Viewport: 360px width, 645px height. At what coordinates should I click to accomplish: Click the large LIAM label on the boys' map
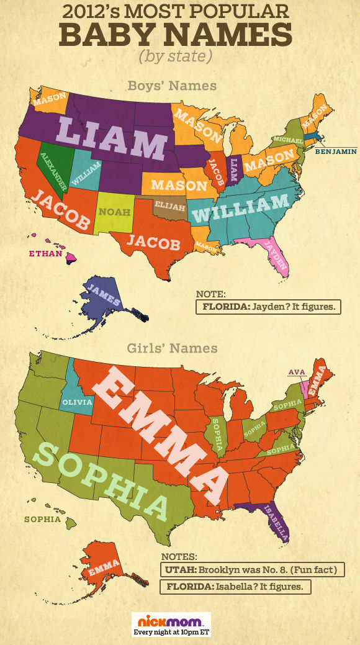click(112, 138)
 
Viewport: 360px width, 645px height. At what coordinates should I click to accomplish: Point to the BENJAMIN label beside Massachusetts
click(335, 150)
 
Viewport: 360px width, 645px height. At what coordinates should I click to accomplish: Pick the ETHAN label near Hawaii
click(45, 253)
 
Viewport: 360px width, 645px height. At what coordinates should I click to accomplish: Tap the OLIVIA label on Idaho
click(77, 402)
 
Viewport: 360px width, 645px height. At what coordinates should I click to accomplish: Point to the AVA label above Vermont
click(295, 372)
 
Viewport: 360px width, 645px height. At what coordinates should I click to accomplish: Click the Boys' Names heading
click(171, 85)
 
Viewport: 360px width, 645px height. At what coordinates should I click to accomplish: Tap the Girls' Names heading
click(172, 348)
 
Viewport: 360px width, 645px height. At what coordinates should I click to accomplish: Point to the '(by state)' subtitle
click(175, 55)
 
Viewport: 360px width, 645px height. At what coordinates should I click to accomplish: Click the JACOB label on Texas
click(153, 242)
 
